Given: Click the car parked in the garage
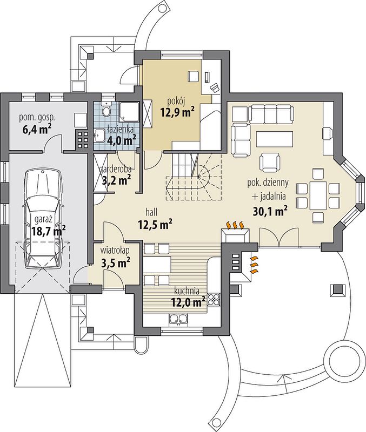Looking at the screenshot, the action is [x=43, y=219].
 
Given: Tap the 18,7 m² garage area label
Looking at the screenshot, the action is [x=49, y=230].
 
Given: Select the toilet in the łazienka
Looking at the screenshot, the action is [x=106, y=109].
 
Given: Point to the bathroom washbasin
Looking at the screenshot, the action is [x=98, y=136].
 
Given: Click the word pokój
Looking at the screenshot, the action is [x=175, y=101].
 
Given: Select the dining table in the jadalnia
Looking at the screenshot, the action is [x=318, y=195].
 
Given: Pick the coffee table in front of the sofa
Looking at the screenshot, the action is [x=275, y=139].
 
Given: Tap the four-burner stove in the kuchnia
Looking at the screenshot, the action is [x=214, y=300].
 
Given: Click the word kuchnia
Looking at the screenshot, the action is [x=187, y=291].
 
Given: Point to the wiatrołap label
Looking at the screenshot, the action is [x=115, y=251].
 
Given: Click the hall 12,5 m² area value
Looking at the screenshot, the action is [x=155, y=224].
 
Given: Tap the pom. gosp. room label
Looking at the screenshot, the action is [x=37, y=118].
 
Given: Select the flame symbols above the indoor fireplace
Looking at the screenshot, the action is [x=235, y=225].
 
